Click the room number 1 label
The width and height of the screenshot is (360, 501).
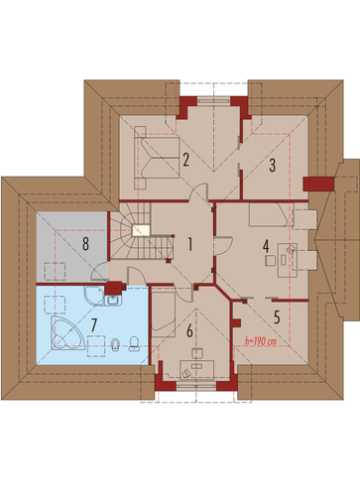189,244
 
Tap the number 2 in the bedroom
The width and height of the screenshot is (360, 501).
185,160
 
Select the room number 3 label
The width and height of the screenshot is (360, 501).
272,166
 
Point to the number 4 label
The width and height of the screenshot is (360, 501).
266,246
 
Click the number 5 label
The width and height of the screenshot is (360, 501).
277,317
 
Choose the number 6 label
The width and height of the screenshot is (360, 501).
189,331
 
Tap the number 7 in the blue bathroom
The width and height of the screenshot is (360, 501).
94,325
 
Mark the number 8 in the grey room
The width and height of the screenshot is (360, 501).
85,244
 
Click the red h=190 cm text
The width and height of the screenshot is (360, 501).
261,341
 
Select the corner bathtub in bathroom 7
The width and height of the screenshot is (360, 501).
66,332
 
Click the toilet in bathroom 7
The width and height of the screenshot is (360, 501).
134,344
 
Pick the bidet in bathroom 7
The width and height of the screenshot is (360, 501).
115,344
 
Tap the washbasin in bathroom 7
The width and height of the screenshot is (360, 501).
114,300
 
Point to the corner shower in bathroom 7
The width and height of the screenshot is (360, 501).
94,296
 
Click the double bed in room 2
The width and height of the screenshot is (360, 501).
157,158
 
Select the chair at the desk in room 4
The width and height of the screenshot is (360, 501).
270,260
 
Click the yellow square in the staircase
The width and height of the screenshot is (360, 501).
141,230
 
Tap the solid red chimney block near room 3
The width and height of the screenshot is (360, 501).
318,185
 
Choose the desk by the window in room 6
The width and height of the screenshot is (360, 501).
197,369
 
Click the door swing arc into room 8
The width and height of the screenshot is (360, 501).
97,269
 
